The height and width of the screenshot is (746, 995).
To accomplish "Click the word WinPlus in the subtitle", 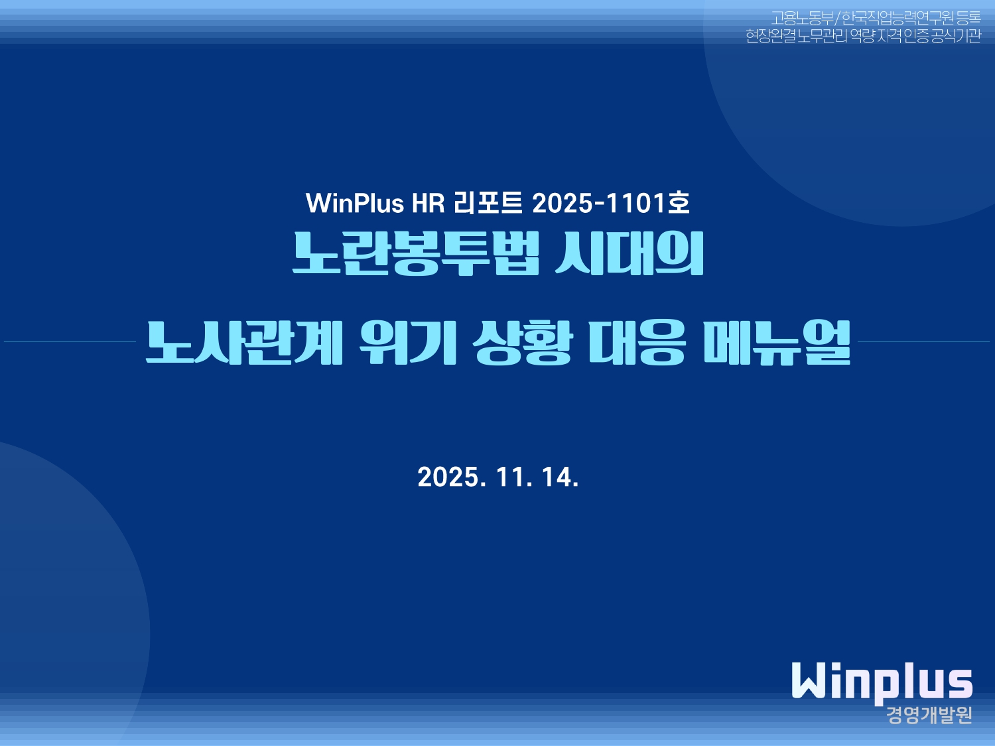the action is [x=355, y=204].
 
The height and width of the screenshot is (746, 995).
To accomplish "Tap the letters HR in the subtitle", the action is [x=429, y=204].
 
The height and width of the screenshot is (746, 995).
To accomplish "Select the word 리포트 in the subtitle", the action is [x=489, y=204].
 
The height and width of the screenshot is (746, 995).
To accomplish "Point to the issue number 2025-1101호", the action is [x=611, y=204].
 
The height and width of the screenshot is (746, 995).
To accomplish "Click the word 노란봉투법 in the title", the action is [x=416, y=254].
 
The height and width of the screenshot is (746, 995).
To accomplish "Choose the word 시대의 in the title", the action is [x=630, y=254].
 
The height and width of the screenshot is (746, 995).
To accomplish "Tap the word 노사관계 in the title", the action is [x=244, y=342].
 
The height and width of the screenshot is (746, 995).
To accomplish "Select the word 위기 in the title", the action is [x=408, y=342].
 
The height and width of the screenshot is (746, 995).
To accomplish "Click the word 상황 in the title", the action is [x=523, y=342].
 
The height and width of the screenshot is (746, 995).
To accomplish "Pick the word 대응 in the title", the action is [x=637, y=342].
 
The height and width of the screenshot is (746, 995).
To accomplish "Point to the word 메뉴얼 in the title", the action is [x=777, y=342].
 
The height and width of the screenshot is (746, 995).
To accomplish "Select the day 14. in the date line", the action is [x=561, y=477].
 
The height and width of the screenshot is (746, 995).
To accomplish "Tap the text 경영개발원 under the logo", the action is [x=929, y=715].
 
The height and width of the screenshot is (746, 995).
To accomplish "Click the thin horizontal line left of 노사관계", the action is [x=70, y=342].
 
